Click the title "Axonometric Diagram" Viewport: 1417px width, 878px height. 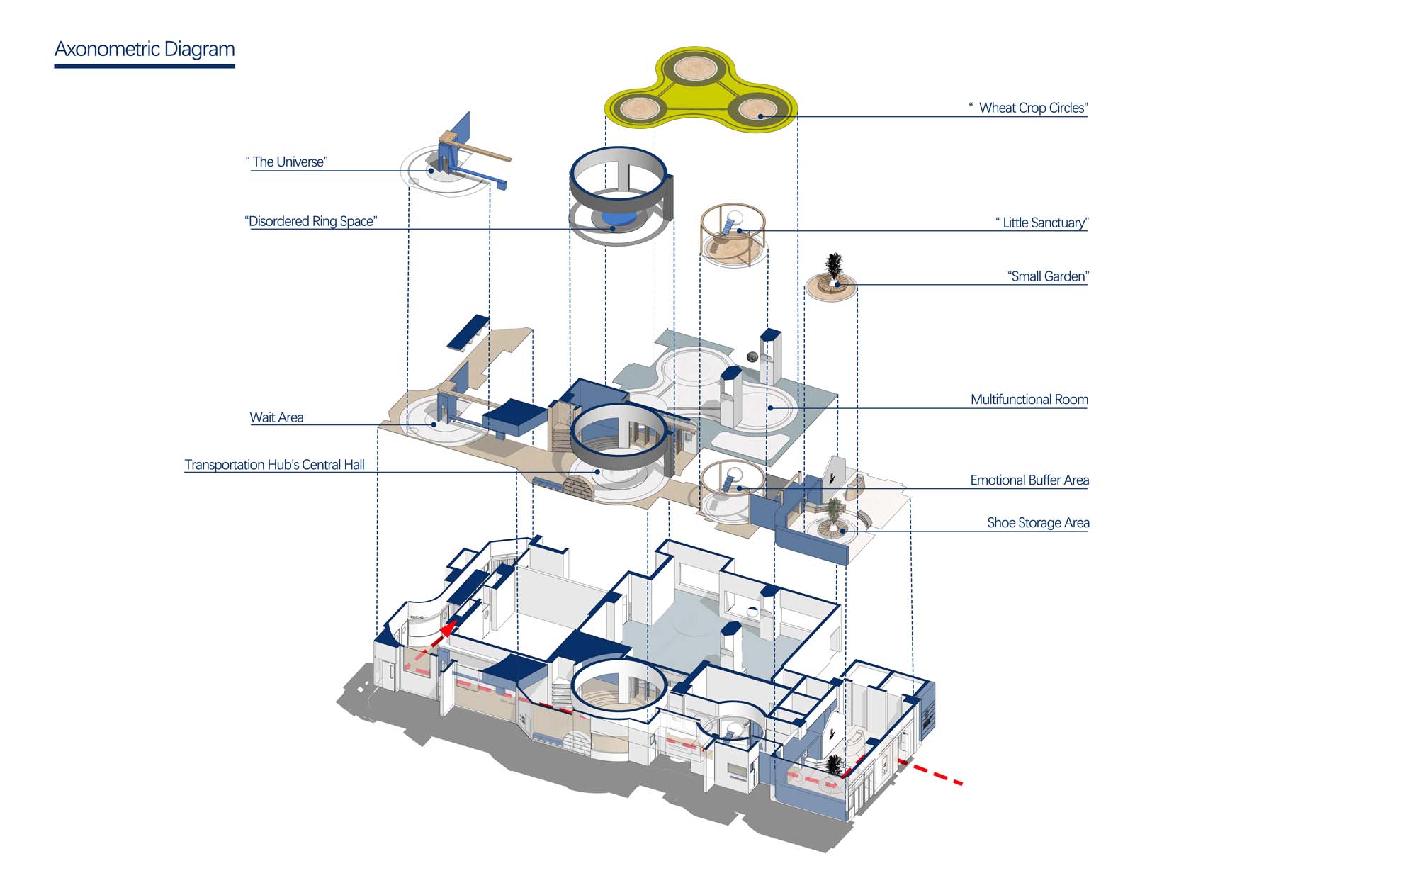pyautogui.click(x=145, y=50)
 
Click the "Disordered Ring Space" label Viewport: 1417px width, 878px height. pyautogui.click(x=312, y=221)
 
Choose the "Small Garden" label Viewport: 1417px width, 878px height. pyautogui.click(x=1048, y=276)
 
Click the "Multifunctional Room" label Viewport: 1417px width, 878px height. pyautogui.click(x=1029, y=400)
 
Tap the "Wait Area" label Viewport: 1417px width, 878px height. pyautogui.click(x=276, y=417)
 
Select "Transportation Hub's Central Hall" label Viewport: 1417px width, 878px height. pyautogui.click(x=274, y=465)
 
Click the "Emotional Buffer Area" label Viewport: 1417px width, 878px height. pyautogui.click(x=1029, y=480)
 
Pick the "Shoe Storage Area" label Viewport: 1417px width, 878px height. pyautogui.click(x=1038, y=523)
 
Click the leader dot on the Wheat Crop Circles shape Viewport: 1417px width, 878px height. pyautogui.click(x=760, y=116)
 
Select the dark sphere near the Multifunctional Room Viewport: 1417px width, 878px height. pyautogui.click(x=752, y=356)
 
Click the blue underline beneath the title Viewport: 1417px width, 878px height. pyautogui.click(x=145, y=67)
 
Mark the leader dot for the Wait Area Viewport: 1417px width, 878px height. pyautogui.click(x=434, y=424)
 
